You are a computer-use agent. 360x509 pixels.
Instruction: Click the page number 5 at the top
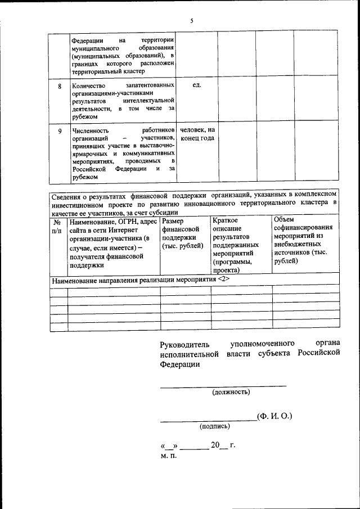pyautogui.click(x=191, y=21)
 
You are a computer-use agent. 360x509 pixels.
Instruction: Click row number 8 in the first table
pyautogui.click(x=60, y=87)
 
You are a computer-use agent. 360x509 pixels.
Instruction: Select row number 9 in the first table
pyautogui.click(x=60, y=131)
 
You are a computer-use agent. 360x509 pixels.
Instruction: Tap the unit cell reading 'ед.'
pyautogui.click(x=197, y=85)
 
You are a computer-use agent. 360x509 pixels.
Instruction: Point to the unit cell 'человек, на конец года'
pyautogui.click(x=197, y=134)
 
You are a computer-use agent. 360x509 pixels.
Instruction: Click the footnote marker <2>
pyautogui.click(x=224, y=280)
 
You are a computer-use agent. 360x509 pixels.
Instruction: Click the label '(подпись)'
pyautogui.click(x=215, y=426)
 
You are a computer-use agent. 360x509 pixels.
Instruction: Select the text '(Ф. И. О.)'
pyautogui.click(x=274, y=416)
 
